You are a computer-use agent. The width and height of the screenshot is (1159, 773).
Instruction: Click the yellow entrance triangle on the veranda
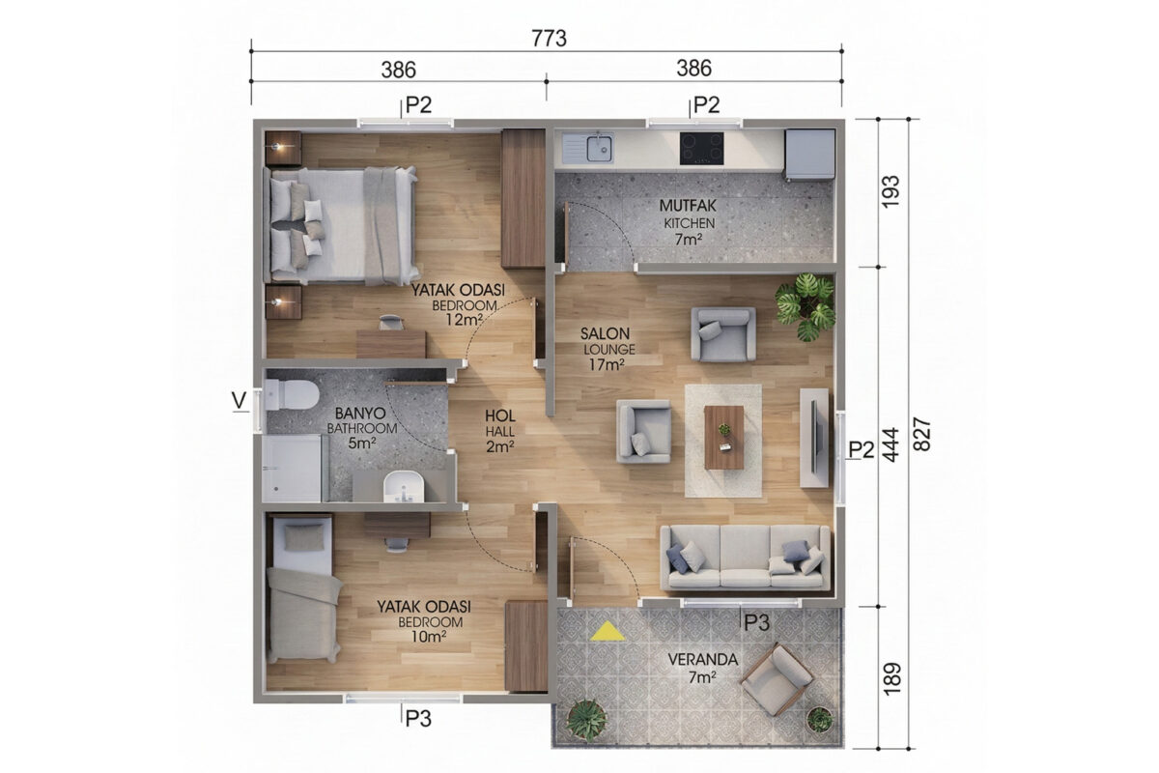coord(608,632)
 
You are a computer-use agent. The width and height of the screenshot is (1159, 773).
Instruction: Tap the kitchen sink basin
coord(599,148)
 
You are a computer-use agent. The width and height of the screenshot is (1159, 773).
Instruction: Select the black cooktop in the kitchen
coord(701,149)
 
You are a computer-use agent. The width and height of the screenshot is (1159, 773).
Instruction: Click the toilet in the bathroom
coord(292,394)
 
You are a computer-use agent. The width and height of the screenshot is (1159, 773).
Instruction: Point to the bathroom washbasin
coord(403,486)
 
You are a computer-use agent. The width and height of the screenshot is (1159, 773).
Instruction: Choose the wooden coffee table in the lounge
coord(723,438)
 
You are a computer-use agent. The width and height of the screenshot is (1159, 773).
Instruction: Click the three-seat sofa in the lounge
coord(745,558)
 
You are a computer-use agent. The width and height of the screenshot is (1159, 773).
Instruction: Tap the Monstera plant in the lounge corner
coord(806,306)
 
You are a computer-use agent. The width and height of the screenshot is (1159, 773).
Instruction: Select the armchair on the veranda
coord(777,678)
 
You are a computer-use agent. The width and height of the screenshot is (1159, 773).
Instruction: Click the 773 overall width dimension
coord(549,39)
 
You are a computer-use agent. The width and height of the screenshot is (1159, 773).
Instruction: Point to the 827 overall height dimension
coord(921,434)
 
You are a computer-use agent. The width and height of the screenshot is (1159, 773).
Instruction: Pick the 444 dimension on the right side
coord(890,444)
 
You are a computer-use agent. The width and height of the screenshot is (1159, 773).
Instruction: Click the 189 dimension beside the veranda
coord(892,678)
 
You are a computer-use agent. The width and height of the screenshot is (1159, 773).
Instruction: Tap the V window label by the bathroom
coord(240,400)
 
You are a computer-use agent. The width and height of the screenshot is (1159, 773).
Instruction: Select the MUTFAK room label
coord(688,206)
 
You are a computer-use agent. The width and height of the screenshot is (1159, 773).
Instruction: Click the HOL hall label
coord(500,415)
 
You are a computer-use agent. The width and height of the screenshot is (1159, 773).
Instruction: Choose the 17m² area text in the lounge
coord(607,364)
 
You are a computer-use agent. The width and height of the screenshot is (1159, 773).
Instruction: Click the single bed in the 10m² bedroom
coord(302,589)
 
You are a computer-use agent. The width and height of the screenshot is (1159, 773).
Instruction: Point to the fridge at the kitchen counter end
coord(809,155)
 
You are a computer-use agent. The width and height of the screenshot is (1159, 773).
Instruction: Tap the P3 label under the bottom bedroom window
coord(418,719)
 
